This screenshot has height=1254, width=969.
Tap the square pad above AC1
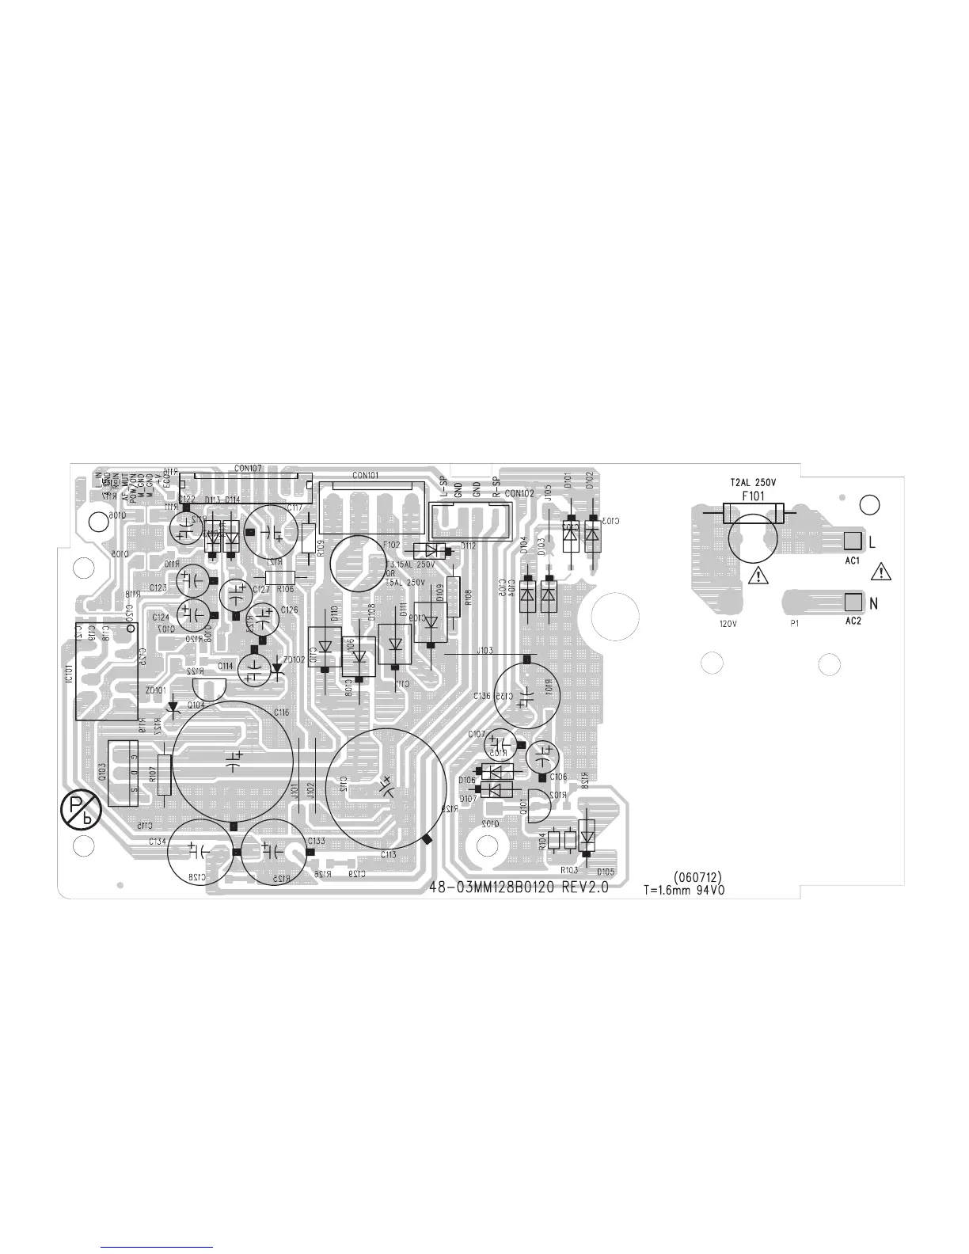click(852, 541)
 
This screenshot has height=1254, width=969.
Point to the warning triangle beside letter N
click(880, 572)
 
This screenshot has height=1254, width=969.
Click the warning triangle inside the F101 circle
click(758, 575)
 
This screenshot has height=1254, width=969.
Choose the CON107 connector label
click(248, 468)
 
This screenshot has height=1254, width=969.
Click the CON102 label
click(519, 492)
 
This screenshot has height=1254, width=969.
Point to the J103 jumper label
click(484, 650)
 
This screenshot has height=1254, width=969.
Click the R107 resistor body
click(164, 775)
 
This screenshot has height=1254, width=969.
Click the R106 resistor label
click(286, 589)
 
